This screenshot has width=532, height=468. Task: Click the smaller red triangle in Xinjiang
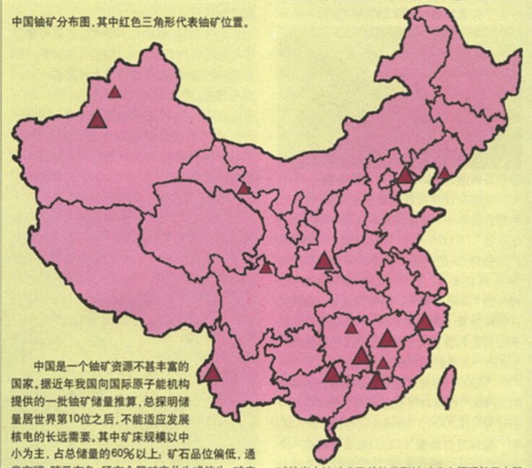coord(114,90)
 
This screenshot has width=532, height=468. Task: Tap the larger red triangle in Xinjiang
coord(97,119)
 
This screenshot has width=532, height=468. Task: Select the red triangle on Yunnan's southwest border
coord(213,372)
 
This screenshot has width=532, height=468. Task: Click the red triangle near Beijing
coord(405,175)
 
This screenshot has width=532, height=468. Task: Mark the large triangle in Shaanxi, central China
coord(324,261)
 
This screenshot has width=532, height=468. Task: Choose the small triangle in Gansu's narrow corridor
coord(243,188)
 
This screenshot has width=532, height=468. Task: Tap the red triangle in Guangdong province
coord(377,380)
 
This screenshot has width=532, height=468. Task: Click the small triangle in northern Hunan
coord(351,328)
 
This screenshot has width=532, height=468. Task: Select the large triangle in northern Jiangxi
coord(387,338)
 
